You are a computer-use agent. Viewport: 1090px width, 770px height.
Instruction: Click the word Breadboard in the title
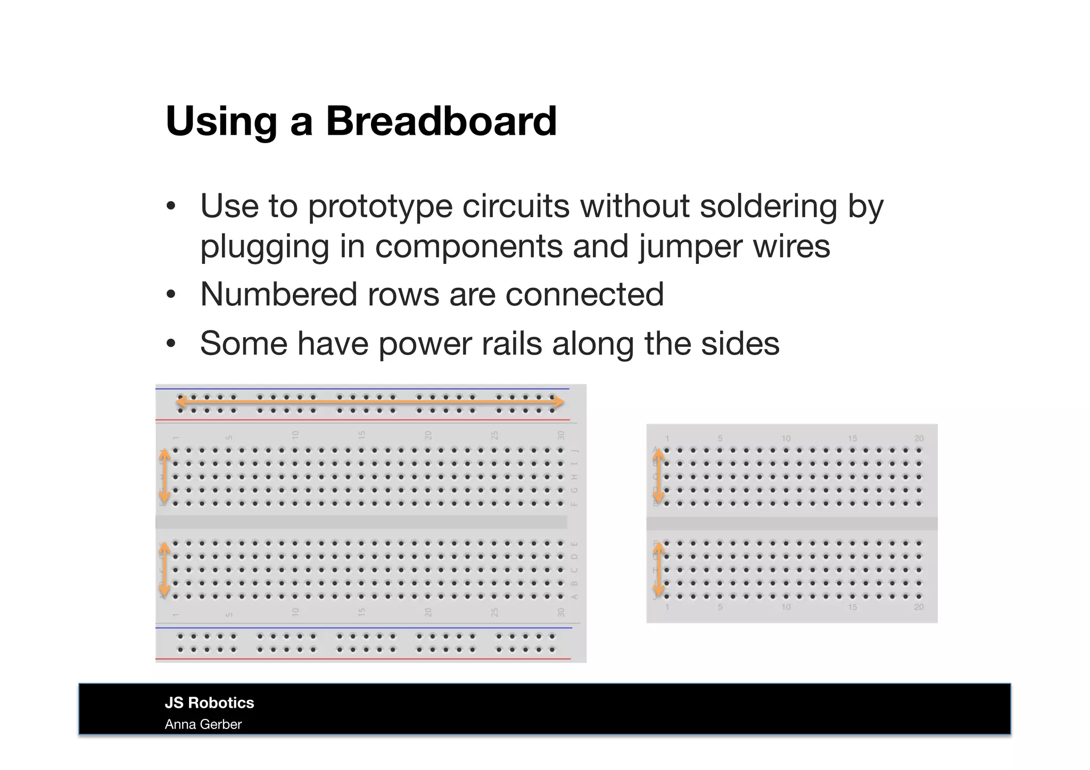click(441, 121)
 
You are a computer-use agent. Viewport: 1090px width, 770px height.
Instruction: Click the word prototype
click(380, 208)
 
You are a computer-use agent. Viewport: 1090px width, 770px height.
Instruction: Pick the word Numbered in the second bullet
click(278, 294)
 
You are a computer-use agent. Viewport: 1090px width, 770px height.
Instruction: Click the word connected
click(584, 294)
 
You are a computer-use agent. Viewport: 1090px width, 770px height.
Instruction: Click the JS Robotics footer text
click(209, 702)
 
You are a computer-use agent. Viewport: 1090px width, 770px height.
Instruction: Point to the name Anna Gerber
click(203, 724)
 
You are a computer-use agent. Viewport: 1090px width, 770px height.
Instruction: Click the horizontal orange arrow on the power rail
click(370, 402)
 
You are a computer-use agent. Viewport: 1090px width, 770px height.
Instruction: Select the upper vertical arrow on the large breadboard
click(165, 476)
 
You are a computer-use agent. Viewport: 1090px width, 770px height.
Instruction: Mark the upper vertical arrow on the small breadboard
click(659, 476)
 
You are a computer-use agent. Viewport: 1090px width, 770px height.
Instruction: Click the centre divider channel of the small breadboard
click(792, 524)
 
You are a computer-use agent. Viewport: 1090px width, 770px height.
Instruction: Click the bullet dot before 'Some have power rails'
click(170, 344)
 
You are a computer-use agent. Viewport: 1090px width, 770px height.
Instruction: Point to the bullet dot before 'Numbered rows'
click(170, 295)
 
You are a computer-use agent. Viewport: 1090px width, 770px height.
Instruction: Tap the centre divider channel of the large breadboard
click(361, 522)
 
